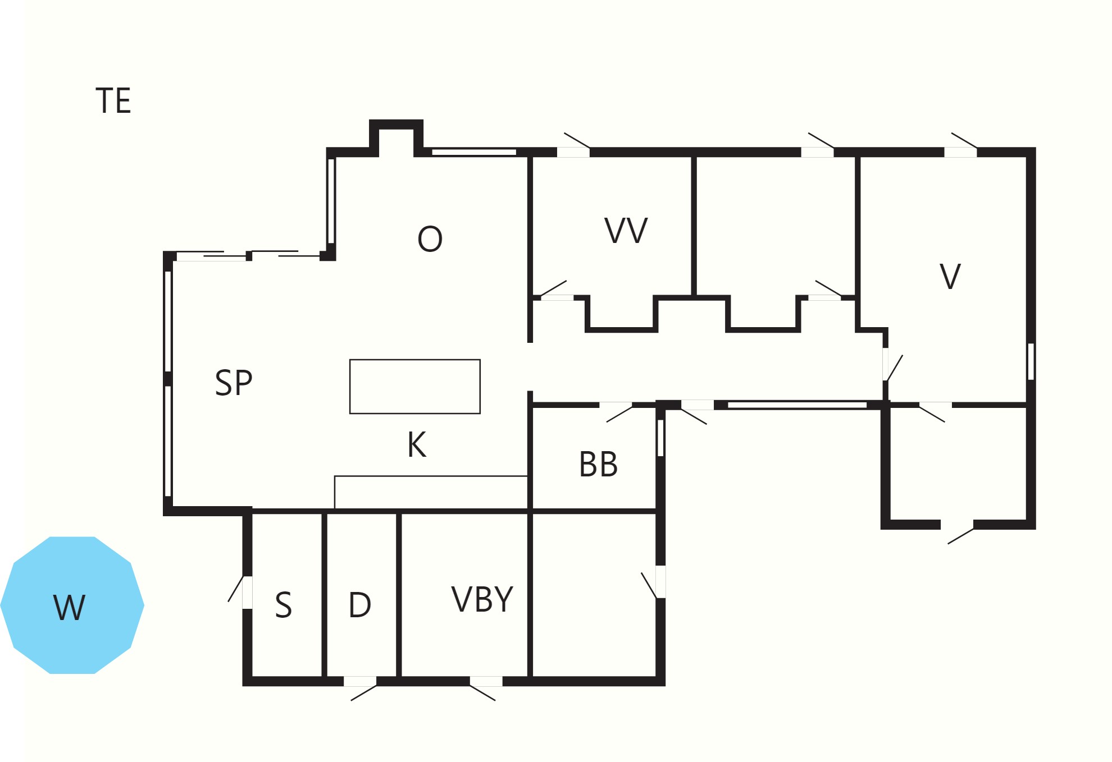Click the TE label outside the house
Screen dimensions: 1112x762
click(x=113, y=101)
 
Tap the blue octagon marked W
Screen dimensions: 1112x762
click(x=72, y=605)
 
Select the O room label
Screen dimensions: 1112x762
click(x=430, y=239)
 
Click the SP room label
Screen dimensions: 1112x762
click(x=234, y=383)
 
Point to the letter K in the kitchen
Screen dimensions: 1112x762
click(x=417, y=445)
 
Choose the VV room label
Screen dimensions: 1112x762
click(x=626, y=231)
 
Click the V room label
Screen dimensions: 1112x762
click(x=950, y=277)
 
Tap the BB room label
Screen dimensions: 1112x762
click(x=599, y=465)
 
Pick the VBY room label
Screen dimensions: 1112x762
click(x=482, y=599)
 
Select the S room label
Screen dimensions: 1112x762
click(x=284, y=605)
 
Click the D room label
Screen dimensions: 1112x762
click(x=360, y=605)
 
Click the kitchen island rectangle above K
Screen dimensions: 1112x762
click(x=415, y=387)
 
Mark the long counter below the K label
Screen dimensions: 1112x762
click(x=431, y=493)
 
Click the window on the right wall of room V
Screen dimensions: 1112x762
click(x=1031, y=361)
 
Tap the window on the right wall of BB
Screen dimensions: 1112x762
click(x=660, y=438)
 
